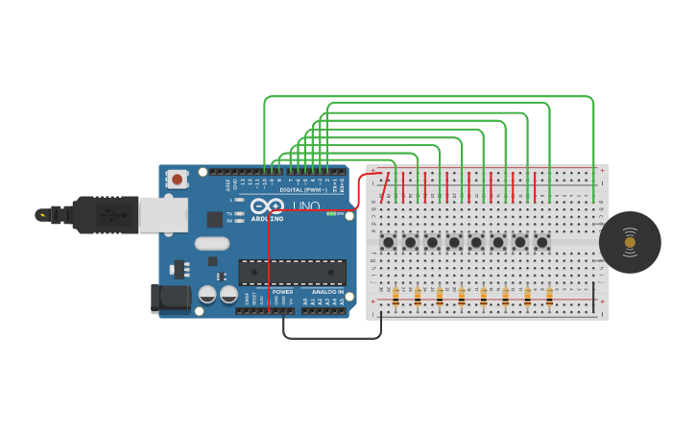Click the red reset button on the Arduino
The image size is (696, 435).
(177, 179)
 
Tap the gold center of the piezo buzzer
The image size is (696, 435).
(630, 242)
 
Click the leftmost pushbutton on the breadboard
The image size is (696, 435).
(389, 242)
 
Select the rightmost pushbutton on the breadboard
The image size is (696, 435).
(541, 242)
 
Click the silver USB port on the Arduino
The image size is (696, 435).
(162, 215)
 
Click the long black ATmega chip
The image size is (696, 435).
(292, 272)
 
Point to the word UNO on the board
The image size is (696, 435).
(306, 206)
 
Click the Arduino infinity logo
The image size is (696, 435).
(267, 206)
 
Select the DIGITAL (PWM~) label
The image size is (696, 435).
(301, 190)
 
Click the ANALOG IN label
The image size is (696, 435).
(326, 292)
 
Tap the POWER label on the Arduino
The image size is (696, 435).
(282, 292)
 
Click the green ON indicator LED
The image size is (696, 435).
(331, 214)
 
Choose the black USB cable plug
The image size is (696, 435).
(106, 215)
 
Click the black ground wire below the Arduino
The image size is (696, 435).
(331, 338)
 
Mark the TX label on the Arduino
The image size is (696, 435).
(229, 213)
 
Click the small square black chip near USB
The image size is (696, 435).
(214, 219)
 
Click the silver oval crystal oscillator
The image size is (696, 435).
(212, 244)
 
